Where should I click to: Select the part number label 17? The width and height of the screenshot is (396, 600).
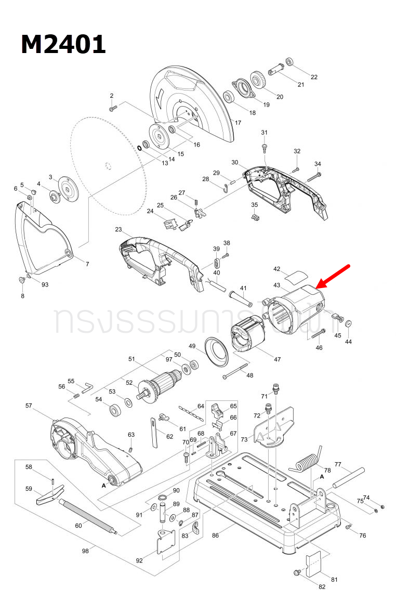coord(238,123)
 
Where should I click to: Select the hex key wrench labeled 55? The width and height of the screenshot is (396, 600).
coord(87,386)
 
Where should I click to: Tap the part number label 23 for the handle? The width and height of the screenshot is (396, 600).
coord(118,229)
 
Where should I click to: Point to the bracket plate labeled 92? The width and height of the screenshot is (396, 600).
coord(165,546)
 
